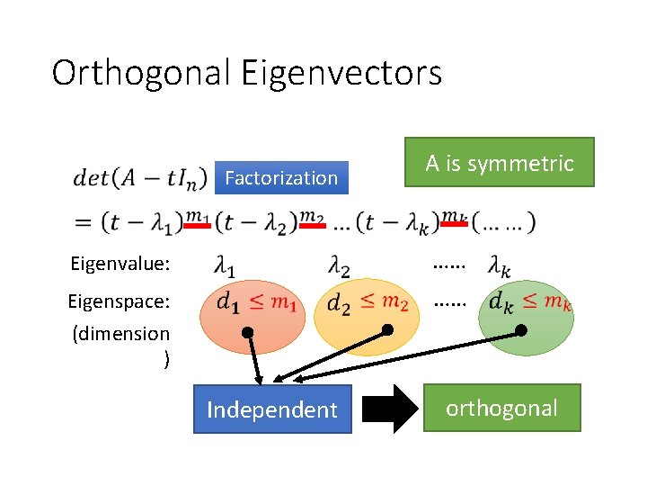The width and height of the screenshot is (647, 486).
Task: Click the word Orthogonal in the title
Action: [x=141, y=73]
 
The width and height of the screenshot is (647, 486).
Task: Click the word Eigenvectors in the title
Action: [x=341, y=73]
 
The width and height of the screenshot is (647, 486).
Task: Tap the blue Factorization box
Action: [x=281, y=178]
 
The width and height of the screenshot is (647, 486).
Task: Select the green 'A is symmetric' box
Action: [x=500, y=163]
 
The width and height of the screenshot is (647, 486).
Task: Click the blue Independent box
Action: [x=271, y=410]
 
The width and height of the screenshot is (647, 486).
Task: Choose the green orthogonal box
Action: [x=501, y=409]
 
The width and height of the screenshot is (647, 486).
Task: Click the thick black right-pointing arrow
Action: [x=393, y=410]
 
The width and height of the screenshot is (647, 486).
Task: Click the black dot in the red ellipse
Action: [x=247, y=333]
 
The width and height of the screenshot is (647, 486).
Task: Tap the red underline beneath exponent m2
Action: [x=312, y=227]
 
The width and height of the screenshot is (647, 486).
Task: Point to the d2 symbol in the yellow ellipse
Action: [x=339, y=304]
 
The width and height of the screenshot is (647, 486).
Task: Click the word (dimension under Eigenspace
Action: [x=120, y=334]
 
